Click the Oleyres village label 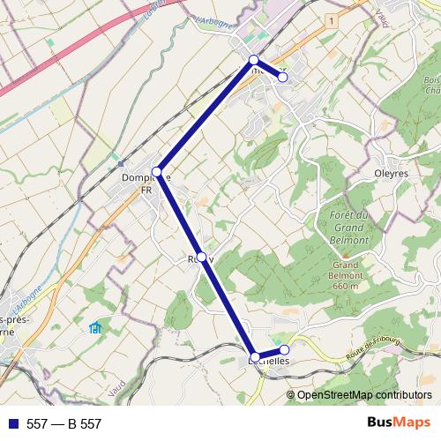(391, 174)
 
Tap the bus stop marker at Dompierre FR (157, 170)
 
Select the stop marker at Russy (202, 257)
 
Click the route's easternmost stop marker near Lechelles (284, 350)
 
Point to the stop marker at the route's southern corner (255, 355)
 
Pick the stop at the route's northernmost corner (253, 60)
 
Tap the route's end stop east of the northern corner (283, 77)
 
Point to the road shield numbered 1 (331, 19)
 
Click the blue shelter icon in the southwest (95, 329)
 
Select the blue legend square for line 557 (11, 424)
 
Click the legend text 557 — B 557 (64, 424)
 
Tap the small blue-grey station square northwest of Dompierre (120, 163)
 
